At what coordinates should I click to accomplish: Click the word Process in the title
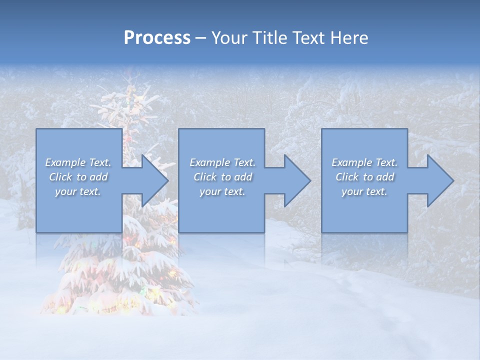(x=157, y=38)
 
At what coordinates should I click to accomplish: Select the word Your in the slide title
(x=230, y=38)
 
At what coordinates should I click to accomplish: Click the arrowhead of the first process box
(x=152, y=180)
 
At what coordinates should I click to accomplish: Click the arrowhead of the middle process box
(x=295, y=180)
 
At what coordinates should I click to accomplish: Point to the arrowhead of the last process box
(x=438, y=180)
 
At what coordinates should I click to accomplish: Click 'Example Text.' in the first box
(x=78, y=162)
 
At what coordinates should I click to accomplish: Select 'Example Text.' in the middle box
(x=222, y=162)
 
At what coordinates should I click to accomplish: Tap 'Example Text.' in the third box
(x=364, y=162)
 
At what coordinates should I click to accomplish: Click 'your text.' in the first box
(x=78, y=192)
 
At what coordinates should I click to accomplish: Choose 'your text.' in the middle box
(x=222, y=192)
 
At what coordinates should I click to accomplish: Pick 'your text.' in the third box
(x=364, y=192)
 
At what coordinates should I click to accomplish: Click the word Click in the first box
(x=60, y=177)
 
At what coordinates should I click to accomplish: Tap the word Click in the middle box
(x=204, y=177)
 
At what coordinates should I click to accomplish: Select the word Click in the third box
(x=346, y=177)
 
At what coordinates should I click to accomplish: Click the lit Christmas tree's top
(x=131, y=80)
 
